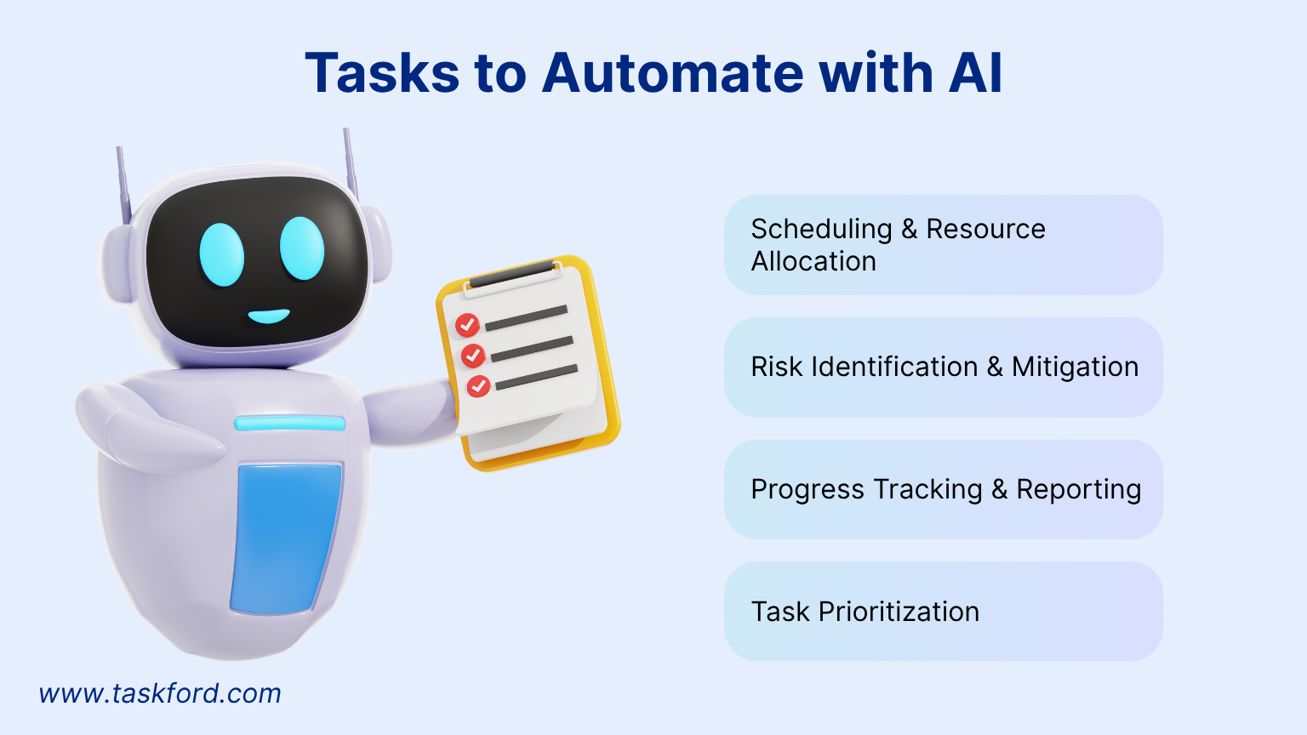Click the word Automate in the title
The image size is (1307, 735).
point(672,73)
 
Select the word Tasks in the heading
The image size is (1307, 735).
point(382,73)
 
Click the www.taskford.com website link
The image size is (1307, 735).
point(160,693)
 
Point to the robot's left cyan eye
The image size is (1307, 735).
point(221,255)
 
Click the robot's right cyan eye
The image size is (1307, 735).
point(302,248)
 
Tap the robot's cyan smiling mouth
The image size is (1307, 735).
point(268,316)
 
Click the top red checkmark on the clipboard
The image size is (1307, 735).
point(467,325)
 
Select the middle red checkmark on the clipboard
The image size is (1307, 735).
point(473,356)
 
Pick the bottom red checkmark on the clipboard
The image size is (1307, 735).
point(479,386)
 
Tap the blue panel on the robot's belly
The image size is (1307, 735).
point(286,538)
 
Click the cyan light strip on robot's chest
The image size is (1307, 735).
point(289,424)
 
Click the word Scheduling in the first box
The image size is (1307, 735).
point(821,229)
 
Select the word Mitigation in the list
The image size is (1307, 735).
point(1075,367)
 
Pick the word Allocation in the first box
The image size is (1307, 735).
point(813,261)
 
